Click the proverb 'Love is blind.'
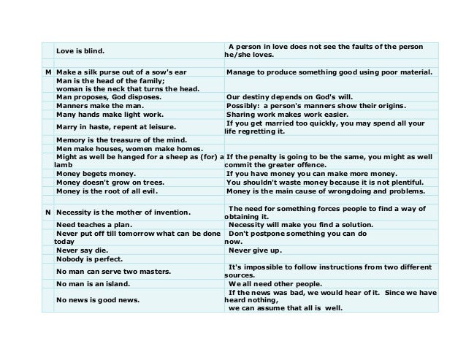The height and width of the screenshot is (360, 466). point(80,51)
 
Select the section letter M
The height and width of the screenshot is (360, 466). point(47,72)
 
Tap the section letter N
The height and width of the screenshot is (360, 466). point(47,212)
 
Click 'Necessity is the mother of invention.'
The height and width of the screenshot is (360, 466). point(123,212)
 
